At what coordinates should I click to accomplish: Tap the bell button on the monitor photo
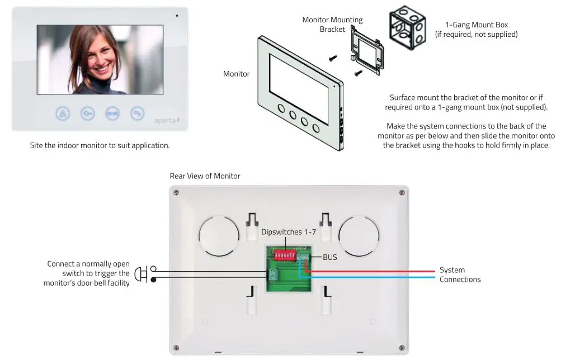click(62, 113)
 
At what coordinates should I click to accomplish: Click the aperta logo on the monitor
click(166, 120)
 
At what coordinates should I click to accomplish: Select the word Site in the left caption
click(37, 145)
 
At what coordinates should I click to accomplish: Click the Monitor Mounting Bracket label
click(332, 24)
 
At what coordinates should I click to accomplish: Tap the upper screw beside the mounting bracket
click(332, 58)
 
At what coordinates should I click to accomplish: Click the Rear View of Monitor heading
click(205, 176)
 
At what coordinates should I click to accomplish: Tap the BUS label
click(330, 258)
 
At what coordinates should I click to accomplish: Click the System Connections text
click(459, 274)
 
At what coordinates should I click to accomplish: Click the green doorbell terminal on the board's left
click(274, 274)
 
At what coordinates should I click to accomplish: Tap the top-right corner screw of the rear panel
click(402, 193)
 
